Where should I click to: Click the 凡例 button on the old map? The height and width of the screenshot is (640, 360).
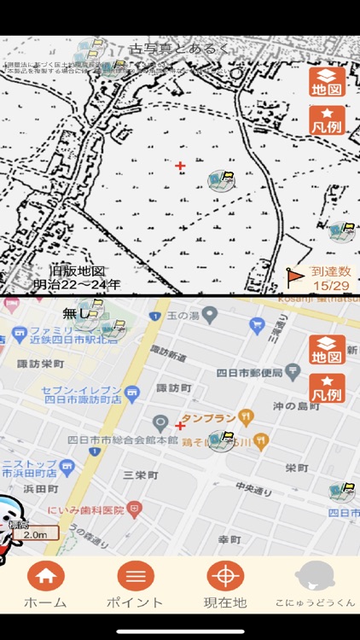(x=327, y=122)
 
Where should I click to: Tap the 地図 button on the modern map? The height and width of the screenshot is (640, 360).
(x=327, y=350)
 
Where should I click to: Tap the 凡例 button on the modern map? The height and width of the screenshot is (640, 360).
(x=327, y=388)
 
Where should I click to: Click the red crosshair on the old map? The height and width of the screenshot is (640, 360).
(x=180, y=166)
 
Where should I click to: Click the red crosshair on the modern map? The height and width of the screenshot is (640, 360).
(x=180, y=425)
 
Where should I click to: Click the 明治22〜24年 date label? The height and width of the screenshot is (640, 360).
(x=77, y=284)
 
